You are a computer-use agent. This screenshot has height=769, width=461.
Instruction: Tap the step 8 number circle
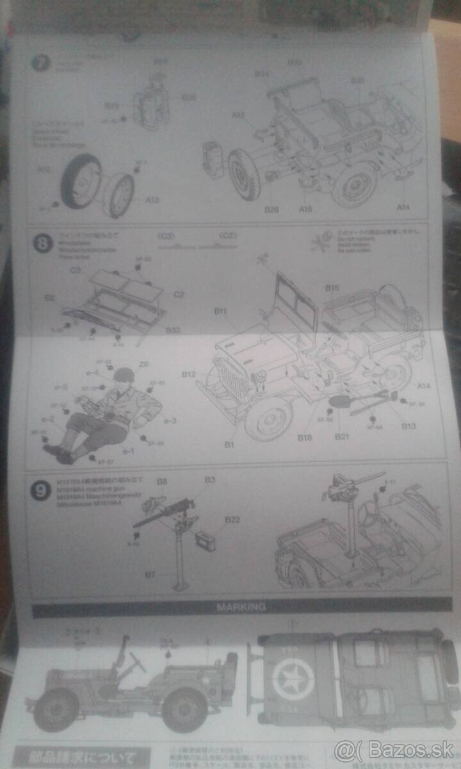point(42,244)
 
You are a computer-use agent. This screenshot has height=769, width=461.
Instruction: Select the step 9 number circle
point(42,491)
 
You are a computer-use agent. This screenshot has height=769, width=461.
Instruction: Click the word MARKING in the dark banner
point(241,606)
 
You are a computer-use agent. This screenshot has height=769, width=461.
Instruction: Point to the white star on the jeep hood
point(293,679)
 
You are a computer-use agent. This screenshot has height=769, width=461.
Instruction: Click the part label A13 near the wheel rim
point(152,200)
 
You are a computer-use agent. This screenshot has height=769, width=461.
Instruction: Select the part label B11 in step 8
point(221,311)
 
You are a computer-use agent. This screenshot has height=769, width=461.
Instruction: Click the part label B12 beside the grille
point(188,374)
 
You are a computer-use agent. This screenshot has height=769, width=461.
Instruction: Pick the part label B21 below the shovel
point(341,436)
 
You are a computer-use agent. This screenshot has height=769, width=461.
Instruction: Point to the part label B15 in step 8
point(332,288)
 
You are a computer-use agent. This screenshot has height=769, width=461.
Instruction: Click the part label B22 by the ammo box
point(232,520)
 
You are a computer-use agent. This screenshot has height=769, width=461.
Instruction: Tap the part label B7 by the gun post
point(150,575)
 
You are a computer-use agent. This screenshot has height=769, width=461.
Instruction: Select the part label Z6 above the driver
point(144,364)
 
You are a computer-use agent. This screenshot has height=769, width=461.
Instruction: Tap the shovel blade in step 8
point(338,402)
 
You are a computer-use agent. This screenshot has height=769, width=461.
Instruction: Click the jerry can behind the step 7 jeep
point(213,160)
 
